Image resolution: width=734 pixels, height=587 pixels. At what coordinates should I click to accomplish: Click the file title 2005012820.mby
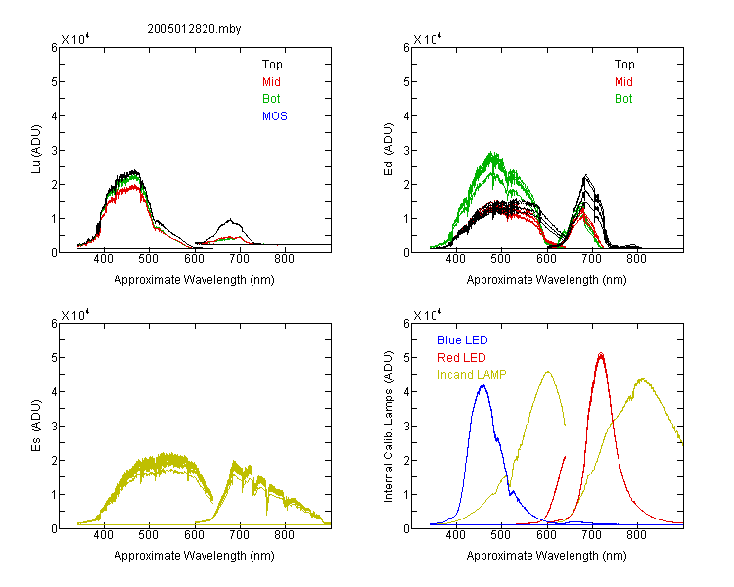195,29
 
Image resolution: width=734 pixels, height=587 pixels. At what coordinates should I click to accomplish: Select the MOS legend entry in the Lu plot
275,116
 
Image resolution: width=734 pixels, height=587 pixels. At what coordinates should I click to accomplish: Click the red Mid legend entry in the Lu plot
271,82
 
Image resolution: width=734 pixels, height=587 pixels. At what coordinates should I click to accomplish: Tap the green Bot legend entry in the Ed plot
623,99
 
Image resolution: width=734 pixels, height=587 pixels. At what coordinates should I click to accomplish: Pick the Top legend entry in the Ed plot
624,65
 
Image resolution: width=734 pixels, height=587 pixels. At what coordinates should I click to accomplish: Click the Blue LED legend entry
463,340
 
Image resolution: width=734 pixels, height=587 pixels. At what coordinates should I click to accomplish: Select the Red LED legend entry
462,358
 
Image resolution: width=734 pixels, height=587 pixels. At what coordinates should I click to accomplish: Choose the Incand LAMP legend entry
472,375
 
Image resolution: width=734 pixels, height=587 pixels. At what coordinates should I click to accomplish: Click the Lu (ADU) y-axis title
36,150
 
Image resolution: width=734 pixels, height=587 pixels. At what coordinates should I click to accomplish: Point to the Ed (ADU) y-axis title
389,150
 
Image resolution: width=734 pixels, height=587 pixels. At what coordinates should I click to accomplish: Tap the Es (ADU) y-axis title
36,426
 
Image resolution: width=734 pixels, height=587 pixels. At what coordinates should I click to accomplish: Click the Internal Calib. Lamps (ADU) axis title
389,427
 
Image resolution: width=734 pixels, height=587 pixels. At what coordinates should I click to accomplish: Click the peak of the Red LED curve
601,353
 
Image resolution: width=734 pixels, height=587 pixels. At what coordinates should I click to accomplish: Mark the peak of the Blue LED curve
483,385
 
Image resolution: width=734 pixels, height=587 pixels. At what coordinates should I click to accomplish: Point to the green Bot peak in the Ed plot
491,152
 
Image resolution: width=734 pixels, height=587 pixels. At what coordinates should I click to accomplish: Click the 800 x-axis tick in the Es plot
284,535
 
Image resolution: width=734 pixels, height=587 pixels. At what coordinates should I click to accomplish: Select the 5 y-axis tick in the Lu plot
54,82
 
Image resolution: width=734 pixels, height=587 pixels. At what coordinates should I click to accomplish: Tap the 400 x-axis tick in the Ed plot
455,259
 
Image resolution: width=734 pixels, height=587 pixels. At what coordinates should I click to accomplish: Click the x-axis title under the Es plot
195,556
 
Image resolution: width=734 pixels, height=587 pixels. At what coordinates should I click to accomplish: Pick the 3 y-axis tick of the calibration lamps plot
406,427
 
